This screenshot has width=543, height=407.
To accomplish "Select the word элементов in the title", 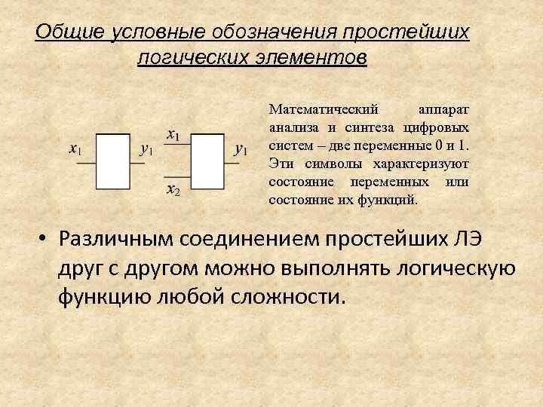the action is click(316, 58).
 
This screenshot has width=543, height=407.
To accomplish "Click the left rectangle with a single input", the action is click(113, 161).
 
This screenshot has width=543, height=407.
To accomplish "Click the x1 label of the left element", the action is click(75, 149).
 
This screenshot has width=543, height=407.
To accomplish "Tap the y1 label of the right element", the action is click(241, 149).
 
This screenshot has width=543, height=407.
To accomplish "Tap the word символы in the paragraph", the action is click(329, 164).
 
